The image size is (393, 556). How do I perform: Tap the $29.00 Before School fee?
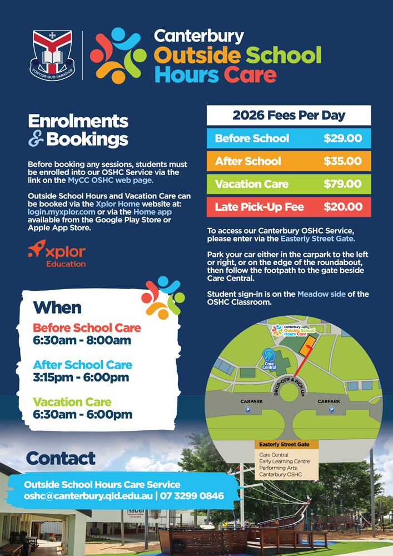tap(342, 138)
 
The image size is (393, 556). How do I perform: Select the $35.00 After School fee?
tap(342, 161)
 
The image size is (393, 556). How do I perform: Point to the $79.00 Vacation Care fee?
tap(342, 184)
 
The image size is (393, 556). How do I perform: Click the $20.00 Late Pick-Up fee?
tap(342, 207)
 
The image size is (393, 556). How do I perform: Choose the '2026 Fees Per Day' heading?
tap(288, 116)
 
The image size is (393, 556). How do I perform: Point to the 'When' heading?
tap(57, 307)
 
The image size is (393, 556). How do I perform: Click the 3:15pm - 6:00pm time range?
tap(81, 378)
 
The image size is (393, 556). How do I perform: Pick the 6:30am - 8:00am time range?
tap(82, 340)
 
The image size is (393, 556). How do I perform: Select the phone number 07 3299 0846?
tap(192, 495)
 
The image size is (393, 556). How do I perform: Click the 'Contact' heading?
tap(61, 459)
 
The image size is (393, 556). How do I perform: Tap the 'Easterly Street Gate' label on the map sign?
tap(285, 445)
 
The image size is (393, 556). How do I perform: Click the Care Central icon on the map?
tap(269, 355)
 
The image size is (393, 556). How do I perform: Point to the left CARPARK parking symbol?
tap(248, 409)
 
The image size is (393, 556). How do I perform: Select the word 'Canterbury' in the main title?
tap(199, 36)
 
